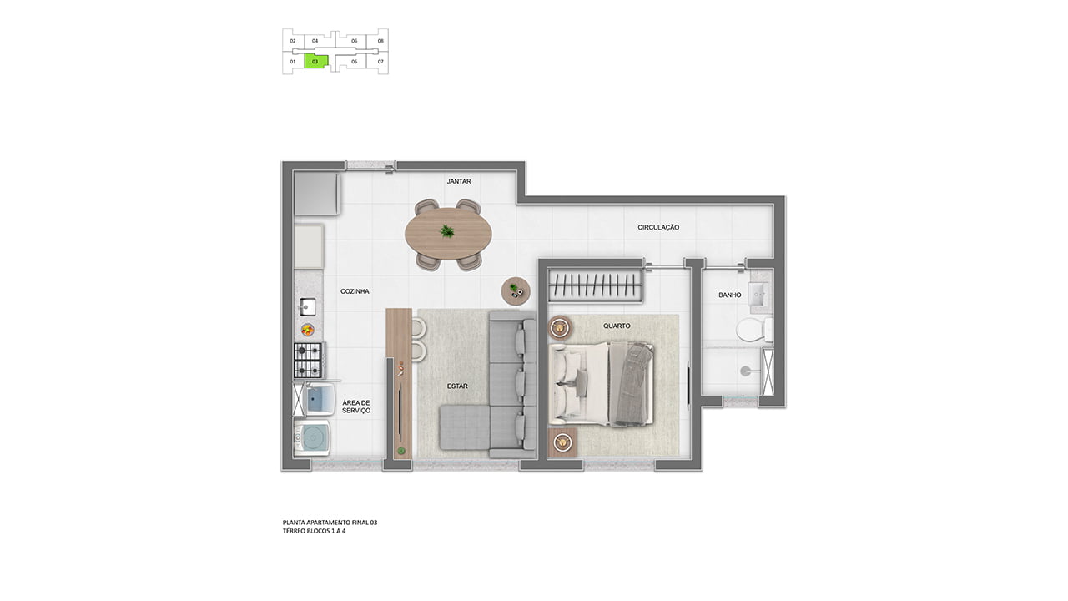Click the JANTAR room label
(x=459, y=181)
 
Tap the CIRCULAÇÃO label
(x=658, y=228)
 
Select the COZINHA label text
(x=355, y=291)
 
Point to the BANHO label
(x=730, y=295)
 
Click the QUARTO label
(x=617, y=326)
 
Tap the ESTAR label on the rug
(x=457, y=386)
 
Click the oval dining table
(x=448, y=234)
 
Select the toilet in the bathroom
(x=754, y=330)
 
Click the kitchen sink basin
(x=308, y=306)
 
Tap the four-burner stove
(x=309, y=360)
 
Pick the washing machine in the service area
(x=312, y=437)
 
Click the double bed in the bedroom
(x=601, y=383)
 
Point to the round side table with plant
(x=516, y=290)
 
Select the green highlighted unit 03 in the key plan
(x=316, y=62)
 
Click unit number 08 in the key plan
(x=380, y=41)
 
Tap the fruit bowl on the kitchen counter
(x=308, y=330)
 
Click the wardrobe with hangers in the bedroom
(x=595, y=285)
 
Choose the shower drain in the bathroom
(x=745, y=371)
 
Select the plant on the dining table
(x=446, y=232)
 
